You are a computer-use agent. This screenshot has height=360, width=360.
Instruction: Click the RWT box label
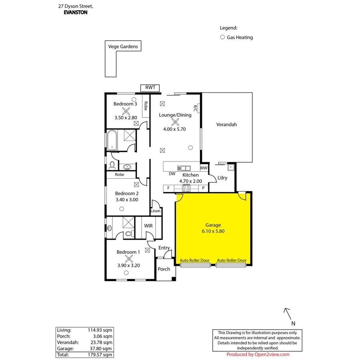(x=150, y=88)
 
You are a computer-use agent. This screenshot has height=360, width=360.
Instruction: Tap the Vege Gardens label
(x=123, y=46)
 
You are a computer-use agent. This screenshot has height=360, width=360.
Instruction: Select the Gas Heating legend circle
(x=222, y=37)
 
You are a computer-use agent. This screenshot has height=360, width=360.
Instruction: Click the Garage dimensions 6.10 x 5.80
(x=213, y=231)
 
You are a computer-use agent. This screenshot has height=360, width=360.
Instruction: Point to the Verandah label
(x=226, y=124)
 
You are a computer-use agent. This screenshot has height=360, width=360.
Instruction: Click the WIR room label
(x=148, y=226)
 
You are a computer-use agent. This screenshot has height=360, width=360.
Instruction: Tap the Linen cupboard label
(x=156, y=211)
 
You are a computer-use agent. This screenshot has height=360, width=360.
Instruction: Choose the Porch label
(x=164, y=269)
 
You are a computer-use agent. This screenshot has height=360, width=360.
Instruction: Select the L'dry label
(x=222, y=178)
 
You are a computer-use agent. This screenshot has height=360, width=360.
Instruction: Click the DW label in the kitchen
(x=172, y=174)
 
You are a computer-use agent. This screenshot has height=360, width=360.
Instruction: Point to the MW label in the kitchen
(x=204, y=168)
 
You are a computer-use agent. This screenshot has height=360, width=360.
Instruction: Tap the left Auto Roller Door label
(x=194, y=260)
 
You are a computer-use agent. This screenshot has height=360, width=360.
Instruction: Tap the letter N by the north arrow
(x=293, y=323)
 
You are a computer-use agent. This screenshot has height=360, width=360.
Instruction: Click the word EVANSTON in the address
(x=76, y=12)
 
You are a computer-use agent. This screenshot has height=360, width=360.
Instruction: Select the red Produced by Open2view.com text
(x=258, y=354)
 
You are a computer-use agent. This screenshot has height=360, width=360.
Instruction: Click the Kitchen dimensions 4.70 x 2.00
(x=190, y=181)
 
